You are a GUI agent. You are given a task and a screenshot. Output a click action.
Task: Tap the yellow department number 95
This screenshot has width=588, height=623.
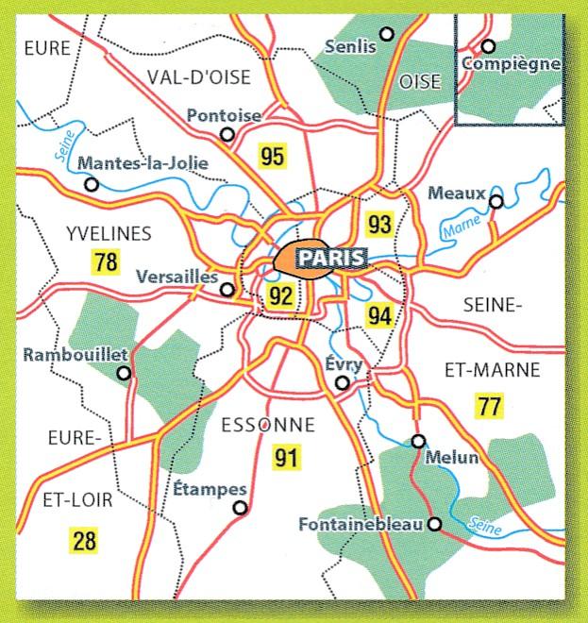pos(272,157)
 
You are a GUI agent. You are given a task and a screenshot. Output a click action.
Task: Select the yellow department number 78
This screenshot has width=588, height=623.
pos(105,262)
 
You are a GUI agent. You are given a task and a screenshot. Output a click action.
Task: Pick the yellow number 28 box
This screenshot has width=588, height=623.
pos(84,541)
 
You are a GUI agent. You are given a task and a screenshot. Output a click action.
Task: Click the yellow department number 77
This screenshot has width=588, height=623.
pos(489,407)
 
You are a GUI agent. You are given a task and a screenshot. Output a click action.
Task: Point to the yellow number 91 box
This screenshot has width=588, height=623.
pos(286,459)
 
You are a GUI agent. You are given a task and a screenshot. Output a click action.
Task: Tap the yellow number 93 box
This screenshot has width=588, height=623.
pos(379,225)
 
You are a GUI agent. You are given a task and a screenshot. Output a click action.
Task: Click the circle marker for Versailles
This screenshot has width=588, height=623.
pos(227,290)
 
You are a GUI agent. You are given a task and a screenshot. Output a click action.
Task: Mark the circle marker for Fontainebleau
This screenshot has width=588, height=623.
pos(434,524)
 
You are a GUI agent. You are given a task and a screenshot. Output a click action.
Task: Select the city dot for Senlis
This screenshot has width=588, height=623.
pos(386,34)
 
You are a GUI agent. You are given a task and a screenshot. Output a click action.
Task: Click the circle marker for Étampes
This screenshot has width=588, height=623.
pos(240,508)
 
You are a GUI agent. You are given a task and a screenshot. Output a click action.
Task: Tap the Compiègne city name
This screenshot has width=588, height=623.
pos(512,64)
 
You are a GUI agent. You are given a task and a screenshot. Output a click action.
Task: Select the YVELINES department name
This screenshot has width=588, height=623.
pos(109,234)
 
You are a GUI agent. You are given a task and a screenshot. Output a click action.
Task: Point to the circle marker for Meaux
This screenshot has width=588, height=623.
pos(496,201)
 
